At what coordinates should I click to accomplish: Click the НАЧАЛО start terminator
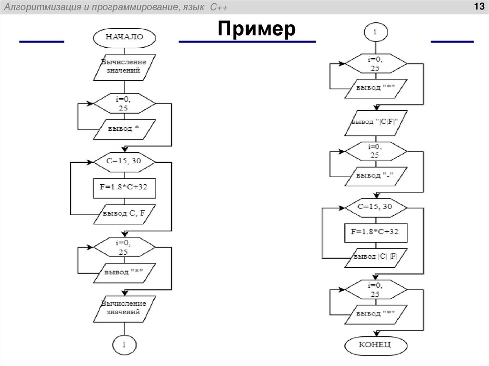pyautogui.click(x=124, y=37)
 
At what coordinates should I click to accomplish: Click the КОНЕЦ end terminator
pyautogui.click(x=376, y=345)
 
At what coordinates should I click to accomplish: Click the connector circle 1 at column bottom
pyautogui.click(x=124, y=345)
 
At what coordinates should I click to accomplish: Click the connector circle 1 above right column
pyautogui.click(x=375, y=32)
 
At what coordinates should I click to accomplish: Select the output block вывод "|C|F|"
pyautogui.click(x=375, y=123)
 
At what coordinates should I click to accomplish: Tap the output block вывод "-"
pyautogui.click(x=375, y=176)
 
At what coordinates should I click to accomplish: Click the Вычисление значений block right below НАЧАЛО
pyautogui.click(x=124, y=66)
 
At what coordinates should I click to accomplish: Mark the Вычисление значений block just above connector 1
pyautogui.click(x=124, y=308)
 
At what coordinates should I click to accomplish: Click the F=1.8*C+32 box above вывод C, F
pyautogui.click(x=124, y=188)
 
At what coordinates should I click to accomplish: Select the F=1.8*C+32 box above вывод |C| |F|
pyautogui.click(x=375, y=232)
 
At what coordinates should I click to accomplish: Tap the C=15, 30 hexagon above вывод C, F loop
pyautogui.click(x=124, y=161)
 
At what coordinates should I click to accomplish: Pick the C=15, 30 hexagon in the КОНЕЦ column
pyautogui.click(x=375, y=207)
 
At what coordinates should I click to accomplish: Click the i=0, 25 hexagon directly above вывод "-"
pyautogui.click(x=375, y=151)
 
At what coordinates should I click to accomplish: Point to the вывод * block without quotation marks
pyautogui.click(x=124, y=129)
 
